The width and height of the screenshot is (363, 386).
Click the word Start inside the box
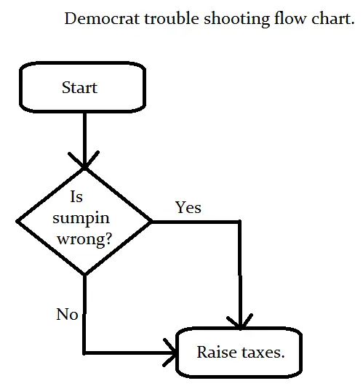(x=79, y=88)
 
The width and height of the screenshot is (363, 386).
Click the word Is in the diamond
(x=76, y=197)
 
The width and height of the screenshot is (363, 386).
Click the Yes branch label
(x=188, y=208)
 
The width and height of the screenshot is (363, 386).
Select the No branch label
(x=67, y=315)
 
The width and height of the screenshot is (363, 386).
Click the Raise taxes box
(x=239, y=353)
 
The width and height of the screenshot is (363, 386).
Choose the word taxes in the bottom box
(x=261, y=353)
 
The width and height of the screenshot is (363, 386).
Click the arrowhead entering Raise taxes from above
(x=239, y=322)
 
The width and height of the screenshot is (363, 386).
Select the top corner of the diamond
(x=85, y=169)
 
